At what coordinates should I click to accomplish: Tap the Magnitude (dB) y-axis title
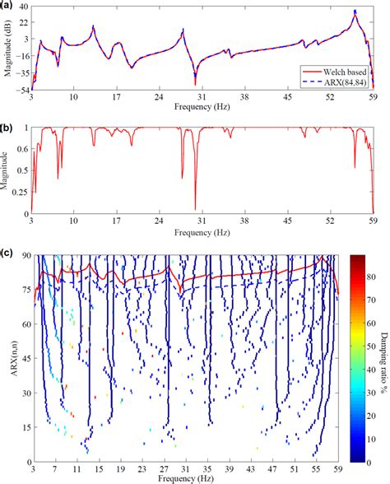click(7, 49)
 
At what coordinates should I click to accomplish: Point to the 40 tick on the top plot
click(24, 7)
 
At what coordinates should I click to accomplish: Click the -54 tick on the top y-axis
click(23, 91)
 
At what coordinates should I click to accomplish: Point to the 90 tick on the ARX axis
click(25, 256)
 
